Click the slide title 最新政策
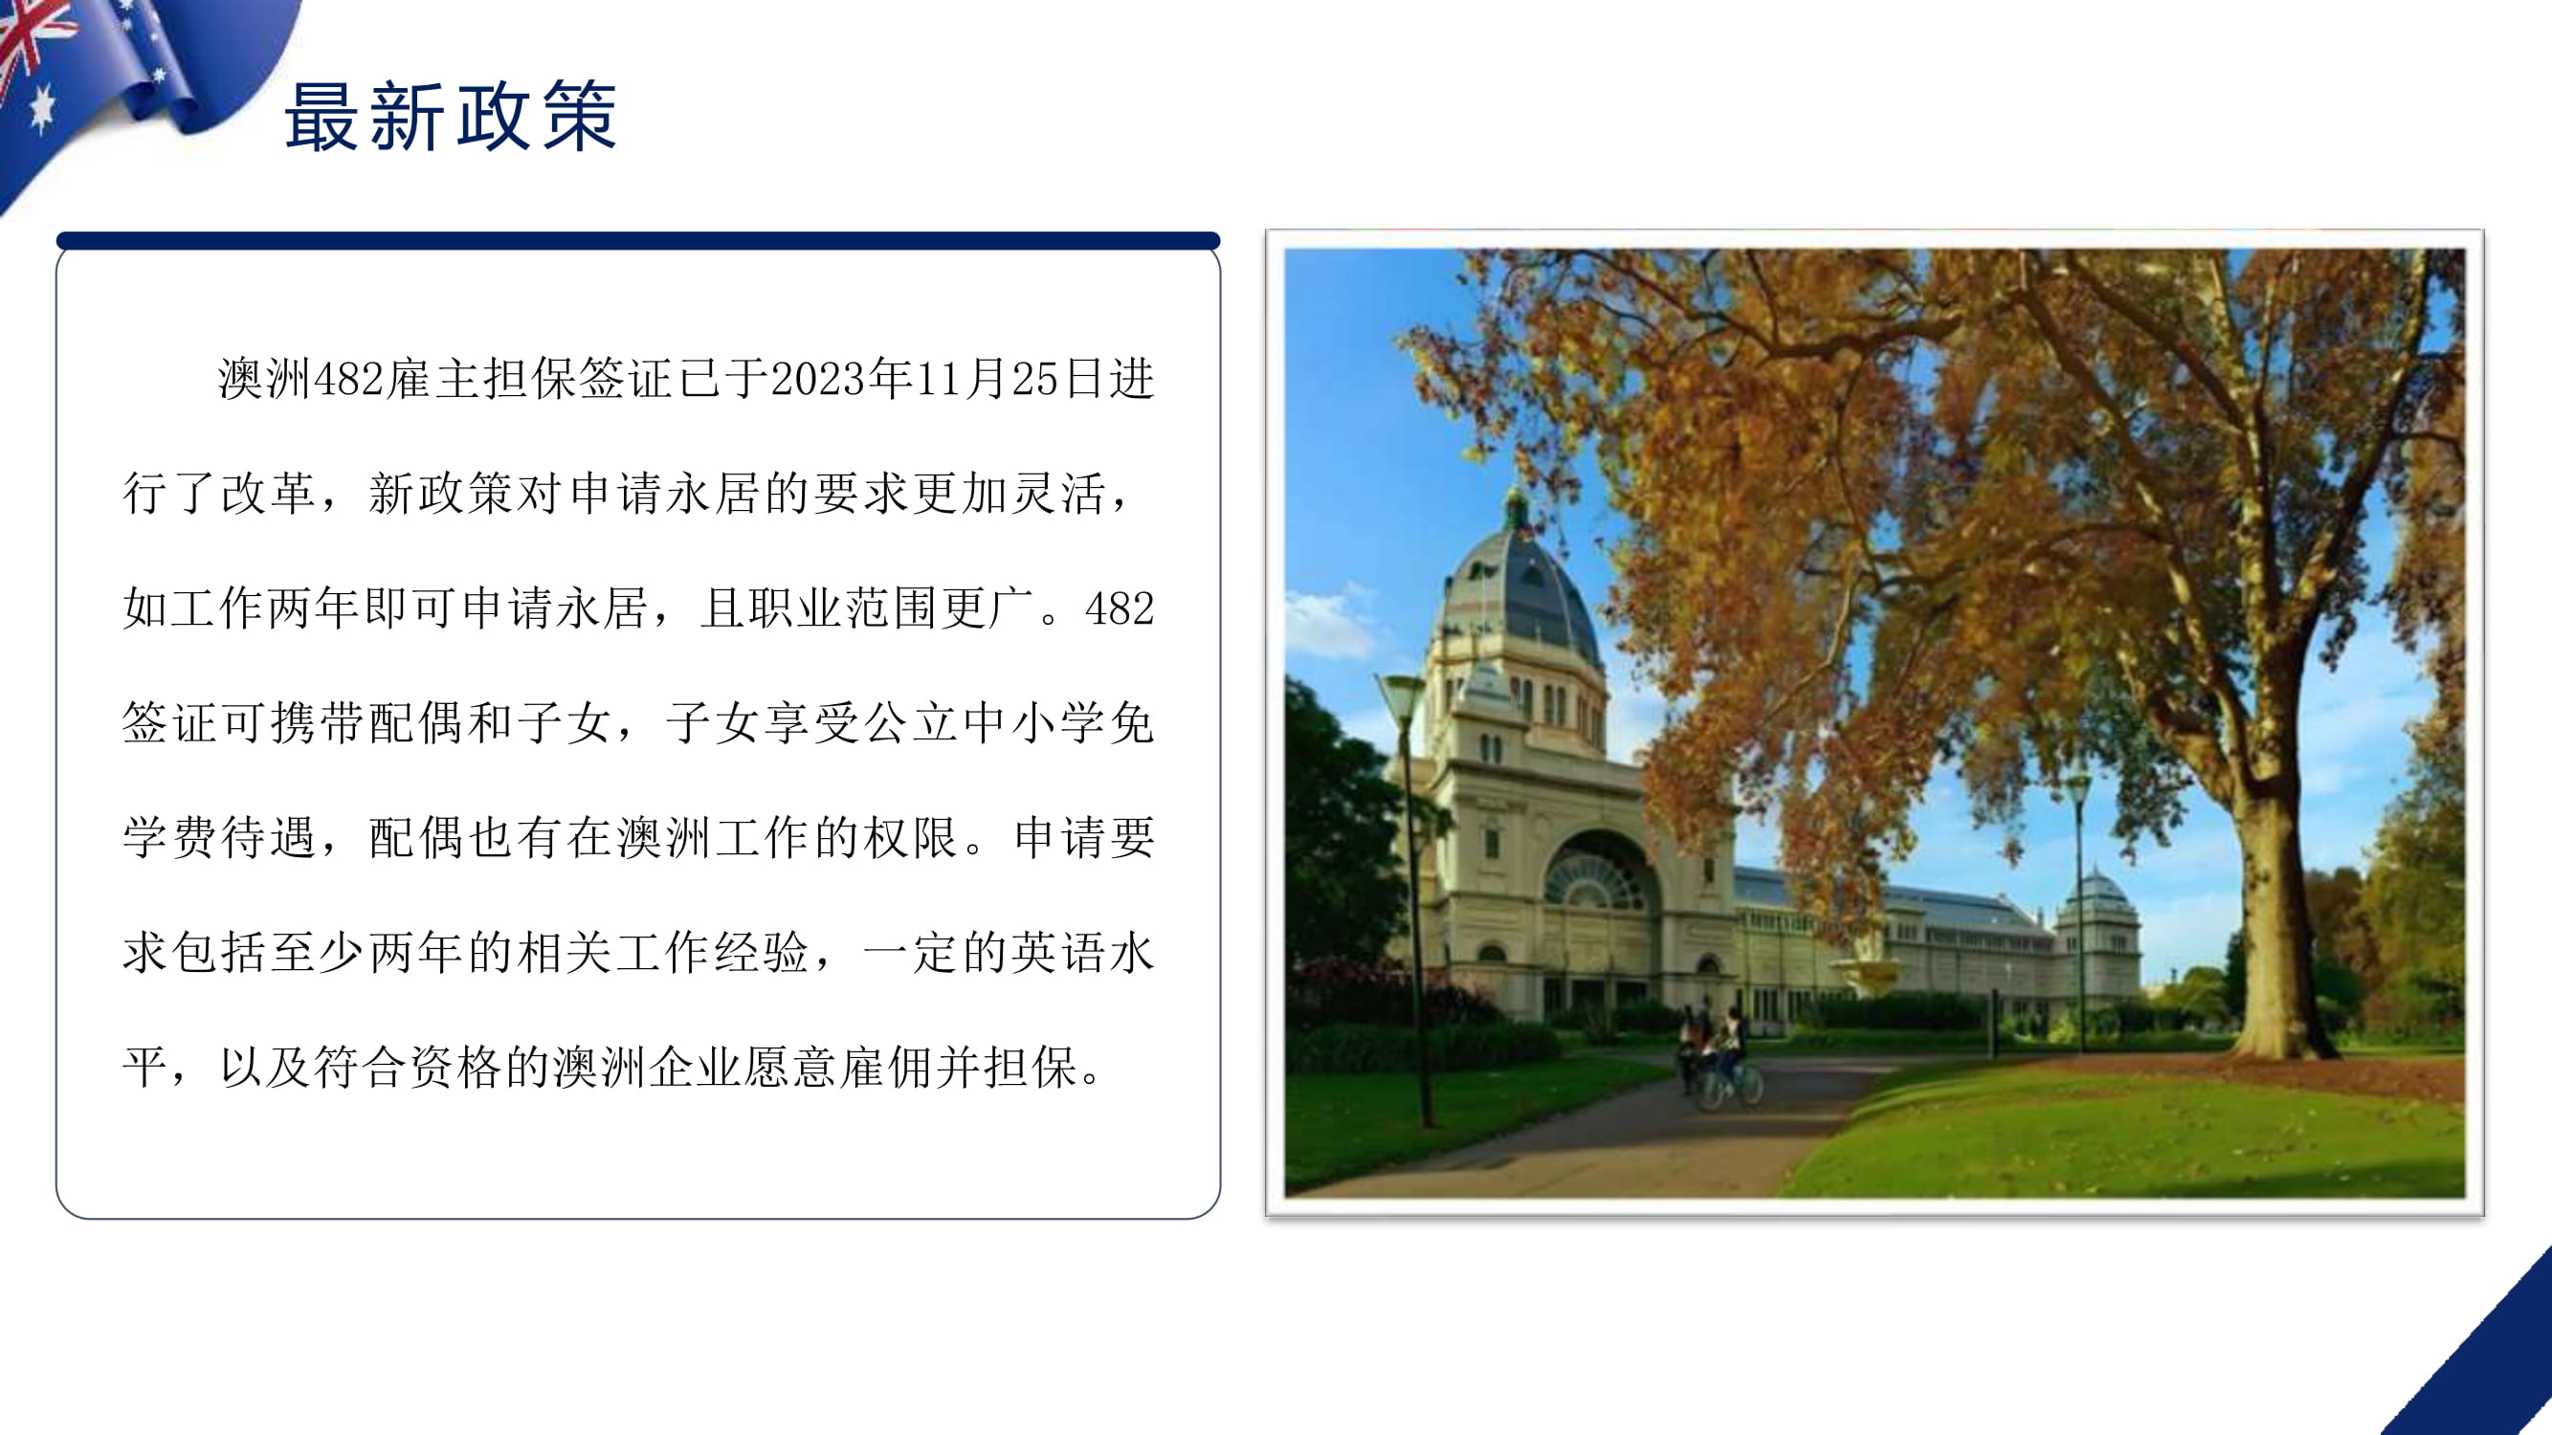[451, 117]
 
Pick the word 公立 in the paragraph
[910, 723]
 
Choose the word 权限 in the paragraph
[910, 838]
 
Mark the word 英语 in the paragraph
[1058, 953]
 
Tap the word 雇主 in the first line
[433, 379]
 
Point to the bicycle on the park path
[1730, 1086]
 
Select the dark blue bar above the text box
[638, 241]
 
